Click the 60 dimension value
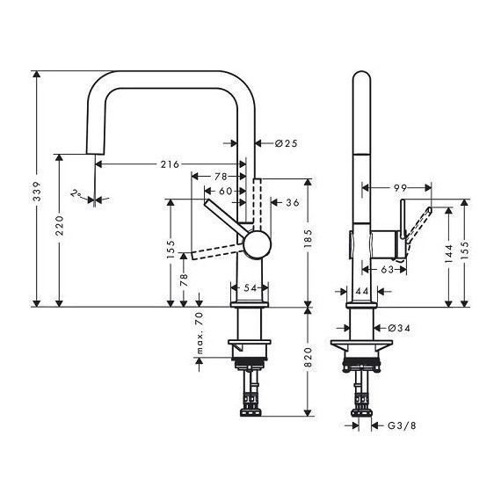[x=225, y=191]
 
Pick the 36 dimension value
[x=293, y=203]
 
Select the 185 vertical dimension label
[x=307, y=235]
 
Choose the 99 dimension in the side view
[x=400, y=187]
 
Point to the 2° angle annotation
[x=78, y=193]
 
